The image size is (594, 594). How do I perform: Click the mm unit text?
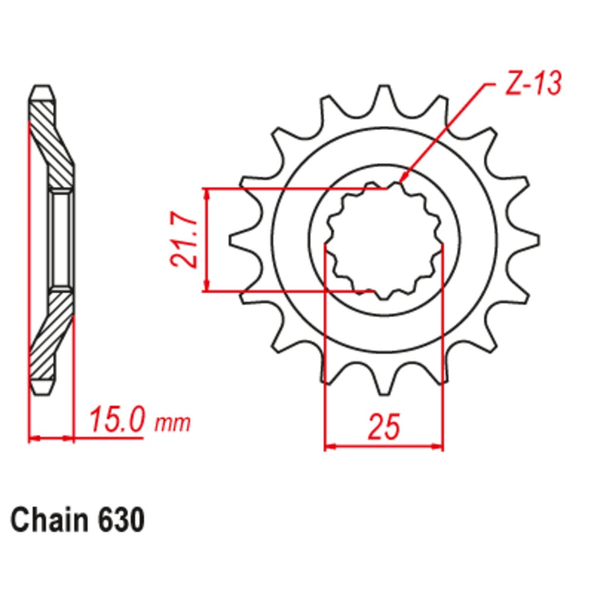pos(173,424)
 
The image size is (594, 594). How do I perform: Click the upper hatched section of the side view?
pos(52,143)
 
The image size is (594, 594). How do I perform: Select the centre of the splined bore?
pos(384,241)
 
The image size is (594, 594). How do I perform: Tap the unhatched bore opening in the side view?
pos(61,240)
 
